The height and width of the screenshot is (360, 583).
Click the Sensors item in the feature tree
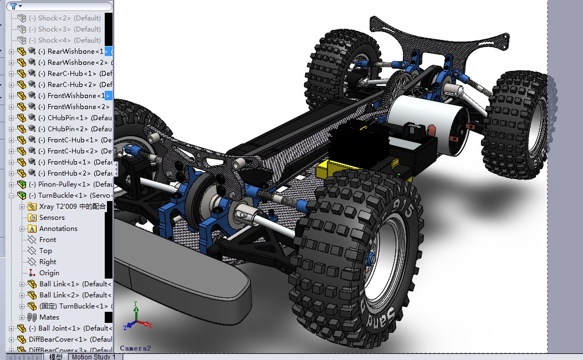pos(52,218)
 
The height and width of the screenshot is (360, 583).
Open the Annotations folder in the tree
pos(58,229)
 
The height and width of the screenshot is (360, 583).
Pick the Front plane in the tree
pos(48,240)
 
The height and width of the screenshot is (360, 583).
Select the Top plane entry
pos(45,251)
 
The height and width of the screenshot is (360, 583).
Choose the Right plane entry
pos(48,262)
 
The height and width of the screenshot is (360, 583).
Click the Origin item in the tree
pos(49,273)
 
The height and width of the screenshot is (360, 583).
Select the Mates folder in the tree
pos(49,317)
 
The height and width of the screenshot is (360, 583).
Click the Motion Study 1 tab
pos(94,357)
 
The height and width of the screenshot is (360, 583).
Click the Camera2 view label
pos(135,348)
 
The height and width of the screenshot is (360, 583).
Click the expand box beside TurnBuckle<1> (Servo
pos(12,196)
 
